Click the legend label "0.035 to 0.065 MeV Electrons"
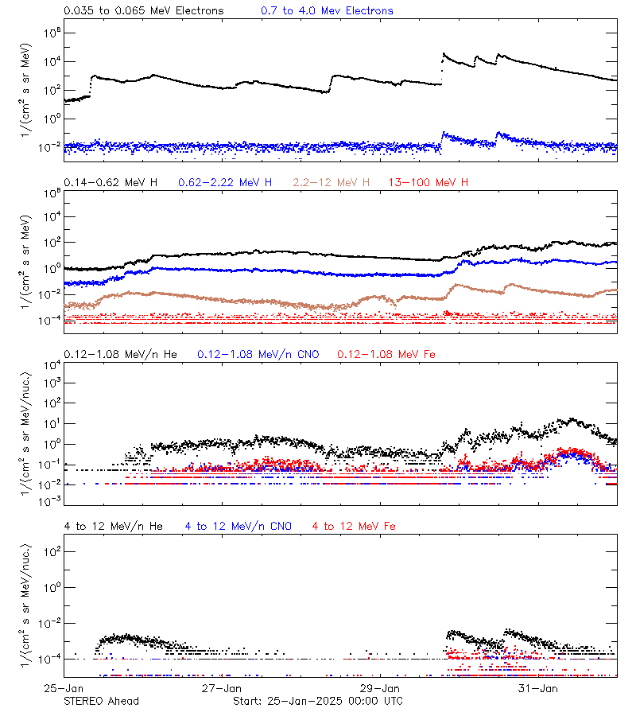point(143,11)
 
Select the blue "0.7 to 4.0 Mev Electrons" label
point(327,11)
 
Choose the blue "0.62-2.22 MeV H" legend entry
point(224,183)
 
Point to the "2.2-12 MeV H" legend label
point(332,183)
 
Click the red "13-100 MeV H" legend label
point(429,183)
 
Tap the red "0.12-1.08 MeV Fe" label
point(386,354)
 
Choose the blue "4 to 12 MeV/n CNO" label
point(238,527)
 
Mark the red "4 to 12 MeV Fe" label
point(354,527)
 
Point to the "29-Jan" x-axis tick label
point(380,687)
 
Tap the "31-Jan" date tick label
point(538,687)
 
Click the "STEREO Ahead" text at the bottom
point(101,701)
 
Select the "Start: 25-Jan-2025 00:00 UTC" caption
point(317,701)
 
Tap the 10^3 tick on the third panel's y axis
point(49,383)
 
